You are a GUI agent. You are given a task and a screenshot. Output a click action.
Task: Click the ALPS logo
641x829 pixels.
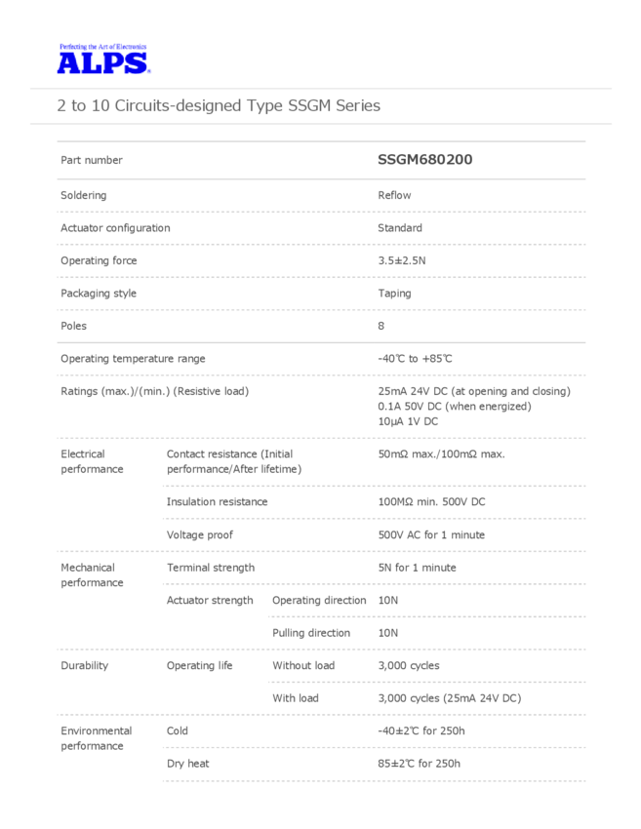102,61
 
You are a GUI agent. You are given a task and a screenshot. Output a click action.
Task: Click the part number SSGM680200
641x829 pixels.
424,160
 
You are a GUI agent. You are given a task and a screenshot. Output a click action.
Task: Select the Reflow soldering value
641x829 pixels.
394,195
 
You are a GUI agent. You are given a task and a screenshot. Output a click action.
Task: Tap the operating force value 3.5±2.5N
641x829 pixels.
402,260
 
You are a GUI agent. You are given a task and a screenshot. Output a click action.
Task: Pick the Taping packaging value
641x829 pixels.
394,294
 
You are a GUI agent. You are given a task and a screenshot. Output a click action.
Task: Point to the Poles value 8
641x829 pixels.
381,326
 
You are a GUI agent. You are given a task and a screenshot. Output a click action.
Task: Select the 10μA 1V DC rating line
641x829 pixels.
408,421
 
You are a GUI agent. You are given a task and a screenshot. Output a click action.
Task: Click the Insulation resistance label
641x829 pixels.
217,502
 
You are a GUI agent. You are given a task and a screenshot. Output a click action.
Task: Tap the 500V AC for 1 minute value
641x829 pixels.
430,535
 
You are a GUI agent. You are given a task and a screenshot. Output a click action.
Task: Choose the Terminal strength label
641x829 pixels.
210,568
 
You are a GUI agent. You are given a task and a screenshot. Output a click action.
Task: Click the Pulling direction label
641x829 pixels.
311,633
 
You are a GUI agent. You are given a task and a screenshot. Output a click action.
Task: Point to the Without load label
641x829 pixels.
303,666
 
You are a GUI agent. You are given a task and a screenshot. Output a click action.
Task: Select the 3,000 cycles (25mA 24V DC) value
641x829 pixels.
449,698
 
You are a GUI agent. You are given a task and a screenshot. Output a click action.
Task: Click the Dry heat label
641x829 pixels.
187,764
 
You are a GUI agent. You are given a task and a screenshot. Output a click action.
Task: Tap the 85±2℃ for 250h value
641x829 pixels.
419,764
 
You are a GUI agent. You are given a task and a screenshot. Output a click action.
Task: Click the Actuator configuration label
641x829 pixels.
115,228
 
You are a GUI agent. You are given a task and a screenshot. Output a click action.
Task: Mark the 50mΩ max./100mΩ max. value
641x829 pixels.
441,454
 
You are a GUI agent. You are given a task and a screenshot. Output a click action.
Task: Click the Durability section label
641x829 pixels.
84,666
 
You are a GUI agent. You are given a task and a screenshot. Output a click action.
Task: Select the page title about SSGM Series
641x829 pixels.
219,105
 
